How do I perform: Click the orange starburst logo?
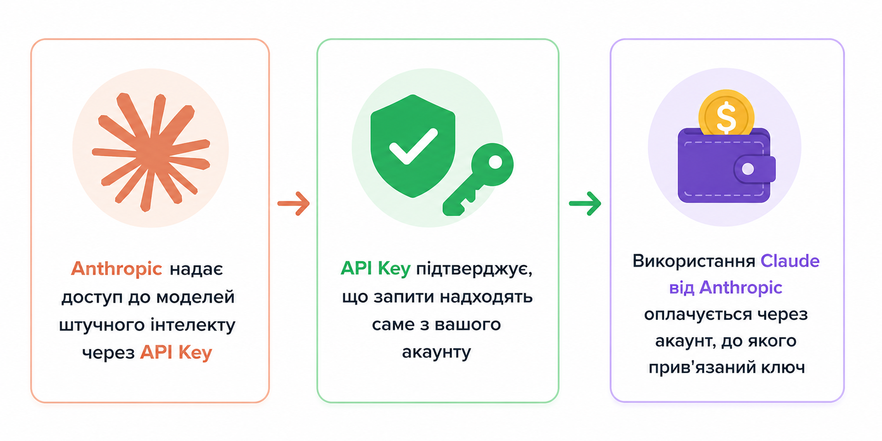[x=151, y=151]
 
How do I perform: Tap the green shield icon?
[x=413, y=146]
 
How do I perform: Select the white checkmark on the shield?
[x=413, y=146]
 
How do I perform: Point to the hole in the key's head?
[x=495, y=162]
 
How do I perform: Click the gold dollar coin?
[x=726, y=113]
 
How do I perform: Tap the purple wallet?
[x=726, y=165]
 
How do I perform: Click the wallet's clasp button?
[x=748, y=169]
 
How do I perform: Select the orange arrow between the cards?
[x=294, y=203]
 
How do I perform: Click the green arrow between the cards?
[x=585, y=203]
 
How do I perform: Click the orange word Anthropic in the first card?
[x=116, y=269]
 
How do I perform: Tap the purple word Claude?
[x=790, y=261]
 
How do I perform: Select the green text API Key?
[x=375, y=268]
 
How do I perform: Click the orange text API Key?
[x=176, y=353]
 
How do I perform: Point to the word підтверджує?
[x=474, y=269]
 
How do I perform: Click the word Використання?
[x=694, y=261]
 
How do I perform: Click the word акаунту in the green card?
[x=436, y=353]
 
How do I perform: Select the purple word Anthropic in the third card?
[x=741, y=288]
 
